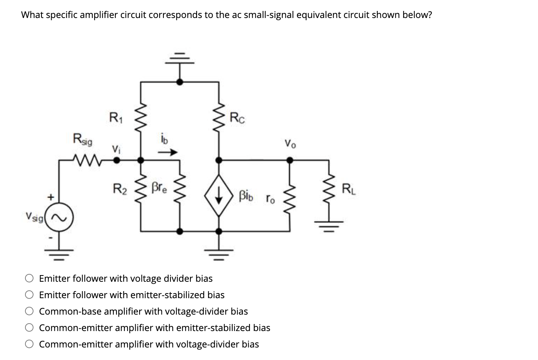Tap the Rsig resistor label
[x=82, y=139]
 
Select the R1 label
[x=115, y=117]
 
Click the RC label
[x=238, y=117]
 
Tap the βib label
[x=246, y=195]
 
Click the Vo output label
[x=291, y=144]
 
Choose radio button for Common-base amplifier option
[x=30, y=311]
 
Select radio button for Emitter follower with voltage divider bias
[x=30, y=279]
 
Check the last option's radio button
[x=30, y=344]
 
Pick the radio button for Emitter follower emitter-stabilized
[x=30, y=295]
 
